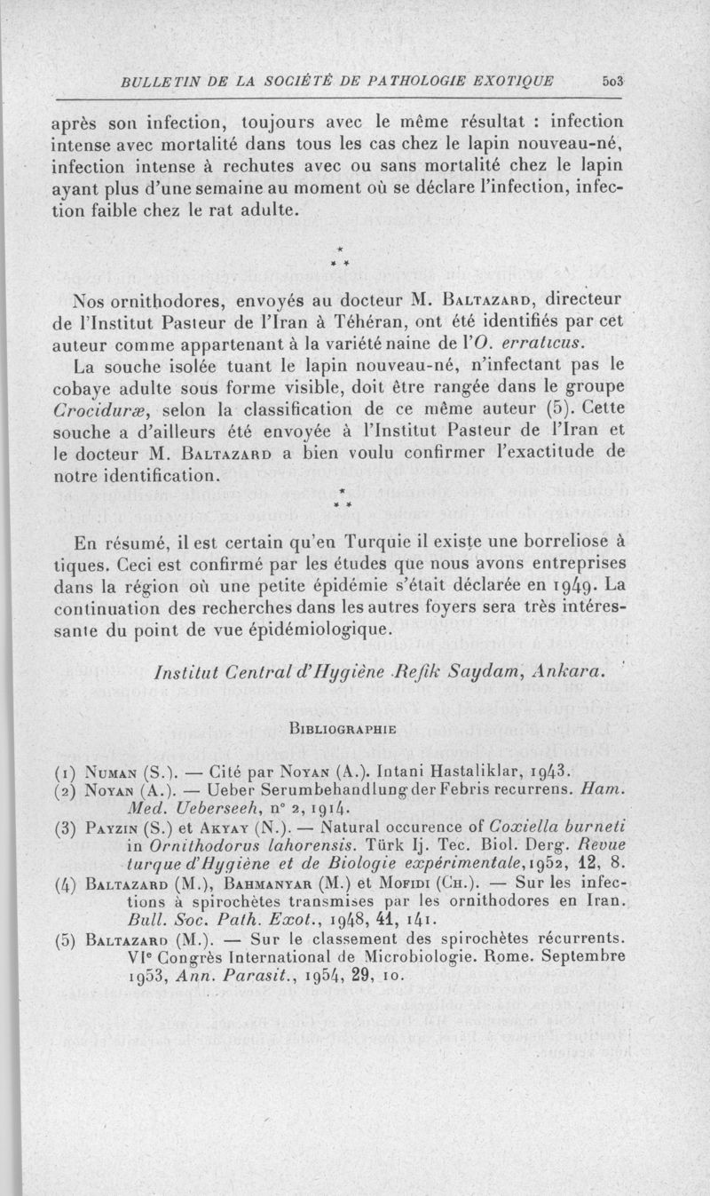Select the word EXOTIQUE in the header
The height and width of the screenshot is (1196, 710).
(x=514, y=81)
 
